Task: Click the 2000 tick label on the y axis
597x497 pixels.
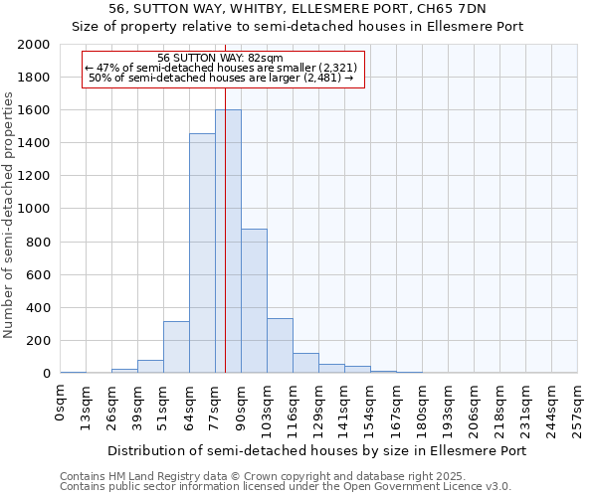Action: pyautogui.click(x=34, y=45)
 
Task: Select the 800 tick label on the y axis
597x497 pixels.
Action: pyautogui.click(x=38, y=242)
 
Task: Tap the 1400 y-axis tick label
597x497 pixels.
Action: pyautogui.click(x=34, y=143)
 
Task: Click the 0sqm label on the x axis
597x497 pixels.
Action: pyautogui.click(x=61, y=402)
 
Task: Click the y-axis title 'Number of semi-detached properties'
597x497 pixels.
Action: pyautogui.click(x=10, y=215)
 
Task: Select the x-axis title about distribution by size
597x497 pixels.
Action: pyautogui.click(x=315, y=450)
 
